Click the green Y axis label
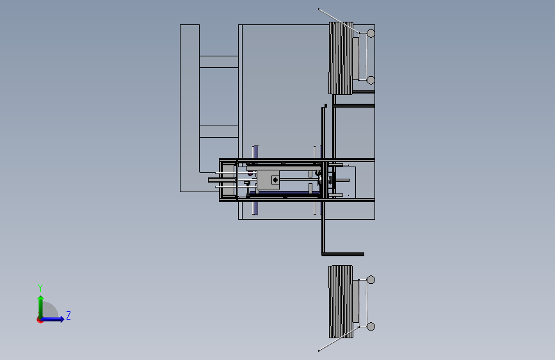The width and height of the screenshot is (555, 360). [x=40, y=288]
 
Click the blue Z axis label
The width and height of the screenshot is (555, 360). [x=68, y=315]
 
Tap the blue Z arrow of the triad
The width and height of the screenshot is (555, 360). [x=53, y=319]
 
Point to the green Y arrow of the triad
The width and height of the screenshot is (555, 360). [x=41, y=307]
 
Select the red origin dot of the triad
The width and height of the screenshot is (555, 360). [x=40, y=320]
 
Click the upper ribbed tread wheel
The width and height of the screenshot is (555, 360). [x=341, y=58]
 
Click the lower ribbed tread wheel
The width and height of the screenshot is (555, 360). [x=341, y=302]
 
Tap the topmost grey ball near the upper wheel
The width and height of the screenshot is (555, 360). [x=371, y=33]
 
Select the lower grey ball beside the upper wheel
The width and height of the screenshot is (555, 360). [x=371, y=81]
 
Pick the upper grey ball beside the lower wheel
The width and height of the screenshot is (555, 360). [x=371, y=280]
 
